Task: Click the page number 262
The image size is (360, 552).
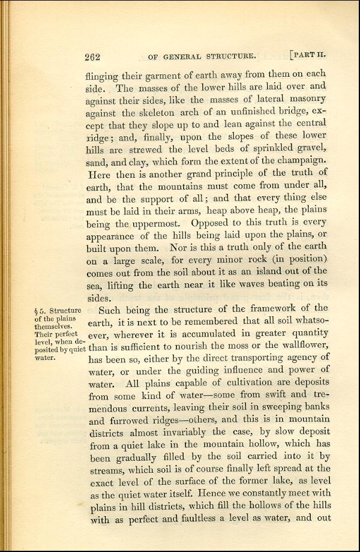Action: pos(92,58)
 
